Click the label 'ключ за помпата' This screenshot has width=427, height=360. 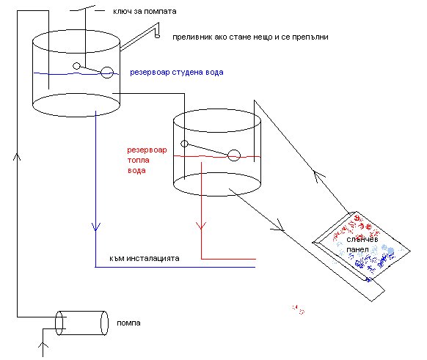click(145, 12)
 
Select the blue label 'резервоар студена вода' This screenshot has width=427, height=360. click(177, 73)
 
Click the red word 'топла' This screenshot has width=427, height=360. click(139, 160)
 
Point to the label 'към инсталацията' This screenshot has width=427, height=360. click(145, 258)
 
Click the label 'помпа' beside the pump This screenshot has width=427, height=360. click(128, 323)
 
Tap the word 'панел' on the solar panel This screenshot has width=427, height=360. click(357, 249)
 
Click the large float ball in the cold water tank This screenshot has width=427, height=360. click(107, 73)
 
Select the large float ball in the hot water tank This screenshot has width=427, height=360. click(234, 155)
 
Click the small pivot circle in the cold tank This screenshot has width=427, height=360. click(76, 66)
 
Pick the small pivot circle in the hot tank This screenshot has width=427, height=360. click(184, 144)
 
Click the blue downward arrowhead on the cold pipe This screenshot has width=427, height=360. click(96, 227)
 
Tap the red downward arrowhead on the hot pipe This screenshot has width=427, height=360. click(201, 226)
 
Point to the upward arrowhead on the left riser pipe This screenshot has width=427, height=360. click(17, 157)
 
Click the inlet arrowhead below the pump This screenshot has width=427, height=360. click(43, 345)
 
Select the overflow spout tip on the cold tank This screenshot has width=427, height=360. click(157, 35)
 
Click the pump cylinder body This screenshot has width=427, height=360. click(82, 323)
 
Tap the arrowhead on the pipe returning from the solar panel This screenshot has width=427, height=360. click(318, 175)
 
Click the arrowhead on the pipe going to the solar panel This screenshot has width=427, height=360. click(278, 226)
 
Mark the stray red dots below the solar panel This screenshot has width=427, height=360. click(298, 309)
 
